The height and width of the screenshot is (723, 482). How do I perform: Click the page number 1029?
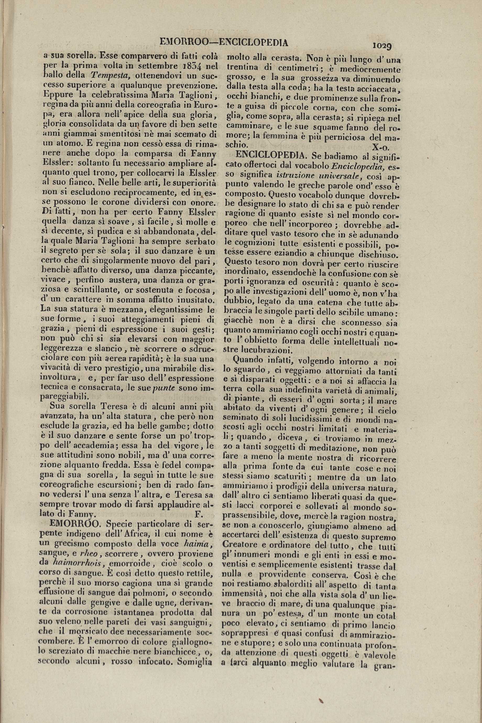pos(382,46)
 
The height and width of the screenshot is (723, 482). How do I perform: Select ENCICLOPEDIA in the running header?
pos(255,43)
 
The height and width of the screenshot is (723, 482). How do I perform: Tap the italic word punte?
pos(163,388)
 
